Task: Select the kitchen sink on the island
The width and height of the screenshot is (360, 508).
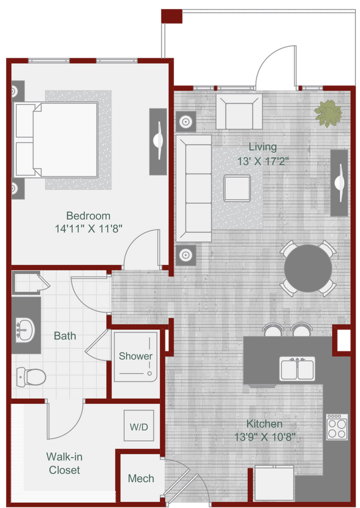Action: [x=297, y=368]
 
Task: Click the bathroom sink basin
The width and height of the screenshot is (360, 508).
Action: [x=25, y=329]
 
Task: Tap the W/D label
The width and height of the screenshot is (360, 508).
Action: [x=138, y=427]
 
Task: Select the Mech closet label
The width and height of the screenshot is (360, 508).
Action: [x=140, y=479]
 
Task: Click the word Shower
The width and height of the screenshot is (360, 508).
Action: [x=135, y=356]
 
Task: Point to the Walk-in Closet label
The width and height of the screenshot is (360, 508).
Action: [x=64, y=463]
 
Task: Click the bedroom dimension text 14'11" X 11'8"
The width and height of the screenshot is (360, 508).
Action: [x=88, y=229]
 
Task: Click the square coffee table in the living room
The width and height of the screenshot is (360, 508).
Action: [x=237, y=188]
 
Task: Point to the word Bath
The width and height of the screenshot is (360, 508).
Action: [x=64, y=336]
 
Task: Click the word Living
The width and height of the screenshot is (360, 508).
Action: [x=263, y=146]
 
